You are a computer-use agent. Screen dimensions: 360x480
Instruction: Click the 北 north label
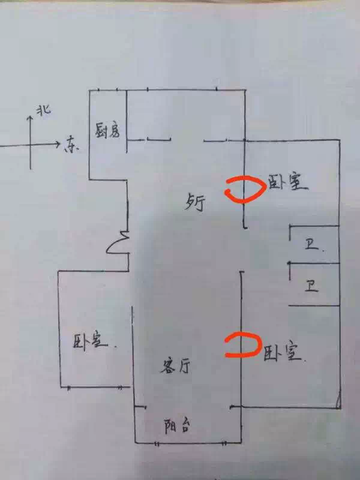[44, 110]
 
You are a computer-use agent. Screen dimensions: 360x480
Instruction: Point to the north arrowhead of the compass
[29, 118]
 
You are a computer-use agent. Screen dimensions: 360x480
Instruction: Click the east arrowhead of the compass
[57, 143]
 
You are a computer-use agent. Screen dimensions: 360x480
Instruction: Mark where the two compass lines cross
[31, 145]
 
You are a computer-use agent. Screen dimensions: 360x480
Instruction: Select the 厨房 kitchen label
[107, 131]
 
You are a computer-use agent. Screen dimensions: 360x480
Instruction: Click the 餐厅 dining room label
[196, 202]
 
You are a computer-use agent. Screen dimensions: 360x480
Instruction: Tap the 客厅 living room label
[176, 365]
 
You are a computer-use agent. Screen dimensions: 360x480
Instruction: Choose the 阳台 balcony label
[178, 425]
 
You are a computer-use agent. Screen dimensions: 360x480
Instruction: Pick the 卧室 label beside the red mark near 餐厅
[288, 182]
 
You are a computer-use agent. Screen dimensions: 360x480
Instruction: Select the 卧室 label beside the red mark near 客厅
[283, 352]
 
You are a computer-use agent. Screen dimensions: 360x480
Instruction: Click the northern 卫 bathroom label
[311, 244]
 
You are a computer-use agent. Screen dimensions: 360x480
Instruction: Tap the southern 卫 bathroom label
[311, 286]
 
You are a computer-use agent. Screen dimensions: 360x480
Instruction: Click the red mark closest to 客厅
[260, 346]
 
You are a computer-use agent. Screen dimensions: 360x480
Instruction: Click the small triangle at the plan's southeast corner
[338, 401]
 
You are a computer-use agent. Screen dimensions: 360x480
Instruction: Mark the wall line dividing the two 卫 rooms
[314, 263]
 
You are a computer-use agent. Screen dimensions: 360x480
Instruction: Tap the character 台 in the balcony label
[185, 425]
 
